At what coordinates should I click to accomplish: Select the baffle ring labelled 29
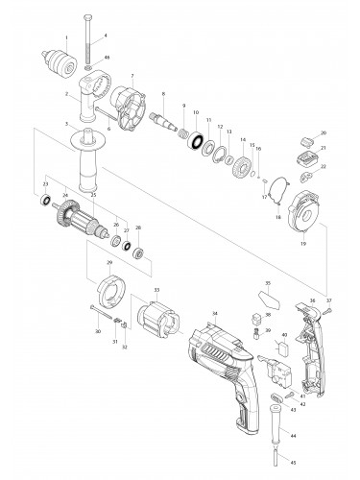coord(113,290)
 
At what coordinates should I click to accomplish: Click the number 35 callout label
coord(268,284)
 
